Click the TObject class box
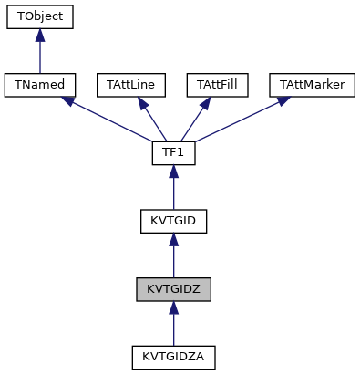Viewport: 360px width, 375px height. (x=39, y=17)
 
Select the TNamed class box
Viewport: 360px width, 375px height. (x=39, y=85)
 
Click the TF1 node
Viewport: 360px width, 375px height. (x=173, y=152)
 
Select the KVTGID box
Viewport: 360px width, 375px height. (x=173, y=220)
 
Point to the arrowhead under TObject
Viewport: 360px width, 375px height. (x=39, y=36)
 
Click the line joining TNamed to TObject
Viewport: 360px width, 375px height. (x=39, y=57)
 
